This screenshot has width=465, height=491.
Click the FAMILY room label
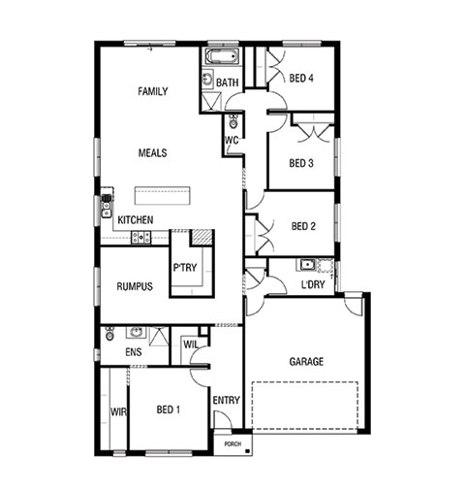click(x=153, y=91)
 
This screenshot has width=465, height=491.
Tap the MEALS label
click(x=152, y=152)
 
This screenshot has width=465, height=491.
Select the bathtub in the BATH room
click(x=222, y=56)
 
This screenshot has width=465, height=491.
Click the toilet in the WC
click(x=232, y=121)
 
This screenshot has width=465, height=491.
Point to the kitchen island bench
click(x=162, y=195)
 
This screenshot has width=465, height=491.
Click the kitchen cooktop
click(x=140, y=238)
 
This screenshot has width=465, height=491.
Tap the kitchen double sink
click(x=107, y=206)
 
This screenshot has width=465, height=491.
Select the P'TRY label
click(x=185, y=268)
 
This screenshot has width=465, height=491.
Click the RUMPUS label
click(x=135, y=286)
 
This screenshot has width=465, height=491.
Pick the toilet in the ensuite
click(x=109, y=334)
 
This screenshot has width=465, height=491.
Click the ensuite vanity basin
click(x=136, y=332)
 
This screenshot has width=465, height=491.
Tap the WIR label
click(x=118, y=411)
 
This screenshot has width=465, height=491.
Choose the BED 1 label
click(x=169, y=409)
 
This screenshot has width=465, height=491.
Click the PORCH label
click(x=232, y=444)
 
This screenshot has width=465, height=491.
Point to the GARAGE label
click(x=306, y=361)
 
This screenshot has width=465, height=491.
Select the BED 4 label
click(x=301, y=78)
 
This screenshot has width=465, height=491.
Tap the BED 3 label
click(x=301, y=163)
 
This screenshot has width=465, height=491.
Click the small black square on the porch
click(x=248, y=451)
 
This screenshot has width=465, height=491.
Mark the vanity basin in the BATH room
click(x=207, y=78)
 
